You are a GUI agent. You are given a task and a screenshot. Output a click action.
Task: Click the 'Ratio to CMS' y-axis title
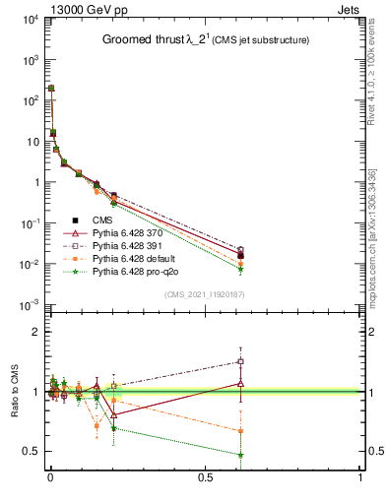pos(17,392)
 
